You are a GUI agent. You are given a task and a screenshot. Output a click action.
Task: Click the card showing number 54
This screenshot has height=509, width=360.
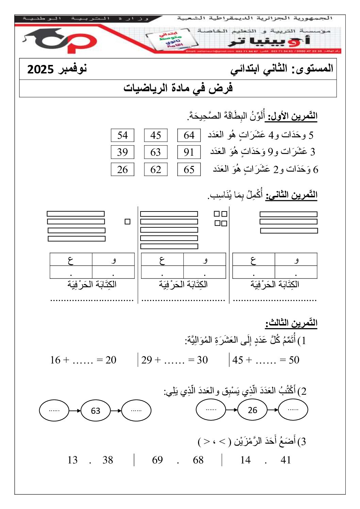click(x=122, y=135)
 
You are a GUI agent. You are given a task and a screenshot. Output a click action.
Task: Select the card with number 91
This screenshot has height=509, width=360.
click(x=189, y=152)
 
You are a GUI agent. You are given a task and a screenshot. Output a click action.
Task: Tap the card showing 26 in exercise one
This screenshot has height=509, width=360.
click(x=122, y=169)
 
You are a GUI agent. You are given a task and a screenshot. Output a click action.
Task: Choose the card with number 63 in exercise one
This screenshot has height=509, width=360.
click(x=156, y=152)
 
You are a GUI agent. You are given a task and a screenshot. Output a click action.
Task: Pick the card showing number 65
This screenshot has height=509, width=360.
click(x=189, y=169)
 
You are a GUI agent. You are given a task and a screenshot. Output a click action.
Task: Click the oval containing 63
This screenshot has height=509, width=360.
click(x=96, y=411)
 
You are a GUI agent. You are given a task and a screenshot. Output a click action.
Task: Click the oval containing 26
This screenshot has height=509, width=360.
click(x=252, y=410)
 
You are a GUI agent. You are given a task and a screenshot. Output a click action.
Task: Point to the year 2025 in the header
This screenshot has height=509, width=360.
click(x=40, y=69)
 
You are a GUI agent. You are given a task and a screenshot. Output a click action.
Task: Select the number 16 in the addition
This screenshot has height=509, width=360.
click(x=55, y=360)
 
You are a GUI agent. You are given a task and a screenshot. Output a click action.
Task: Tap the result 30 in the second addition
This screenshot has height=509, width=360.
click(x=202, y=360)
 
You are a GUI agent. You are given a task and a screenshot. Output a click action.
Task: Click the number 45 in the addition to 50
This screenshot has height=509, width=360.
click(x=238, y=360)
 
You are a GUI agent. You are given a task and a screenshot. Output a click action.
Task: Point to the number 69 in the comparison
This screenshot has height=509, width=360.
click(x=158, y=460)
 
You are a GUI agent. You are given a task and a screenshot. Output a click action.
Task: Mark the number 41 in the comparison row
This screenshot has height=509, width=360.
click(x=286, y=460)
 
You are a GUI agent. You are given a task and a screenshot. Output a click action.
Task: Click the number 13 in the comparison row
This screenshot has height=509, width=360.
click(x=72, y=460)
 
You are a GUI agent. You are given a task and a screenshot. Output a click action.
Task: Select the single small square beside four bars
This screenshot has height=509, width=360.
click(x=128, y=222)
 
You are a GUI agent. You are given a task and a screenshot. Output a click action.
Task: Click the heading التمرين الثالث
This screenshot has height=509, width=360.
click(x=291, y=323)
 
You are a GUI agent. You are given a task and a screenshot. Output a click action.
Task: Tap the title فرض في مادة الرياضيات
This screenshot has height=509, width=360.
click(x=178, y=88)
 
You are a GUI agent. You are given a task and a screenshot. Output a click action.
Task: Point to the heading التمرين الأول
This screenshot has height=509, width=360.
click(x=291, y=116)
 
